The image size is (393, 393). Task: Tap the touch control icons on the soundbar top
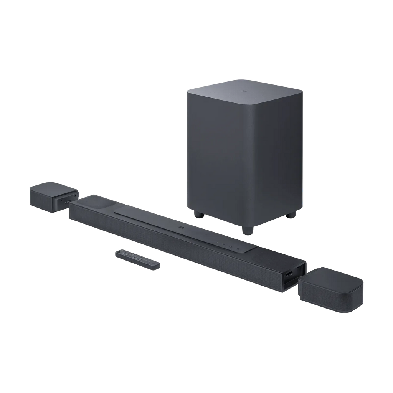click(x=226, y=246)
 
